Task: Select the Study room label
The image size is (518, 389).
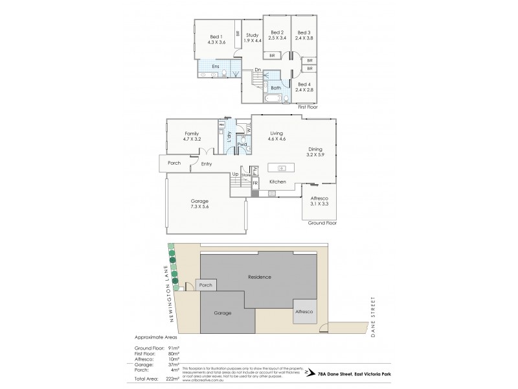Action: click(x=252, y=38)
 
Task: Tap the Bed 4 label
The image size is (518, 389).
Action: click(x=304, y=86)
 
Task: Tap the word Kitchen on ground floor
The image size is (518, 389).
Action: click(x=278, y=182)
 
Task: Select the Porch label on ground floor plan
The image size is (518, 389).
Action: click(x=174, y=163)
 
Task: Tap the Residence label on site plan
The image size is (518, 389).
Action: click(x=259, y=277)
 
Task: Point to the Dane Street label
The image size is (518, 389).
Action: click(x=374, y=316)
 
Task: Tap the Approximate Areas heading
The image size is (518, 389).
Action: click(x=155, y=338)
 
